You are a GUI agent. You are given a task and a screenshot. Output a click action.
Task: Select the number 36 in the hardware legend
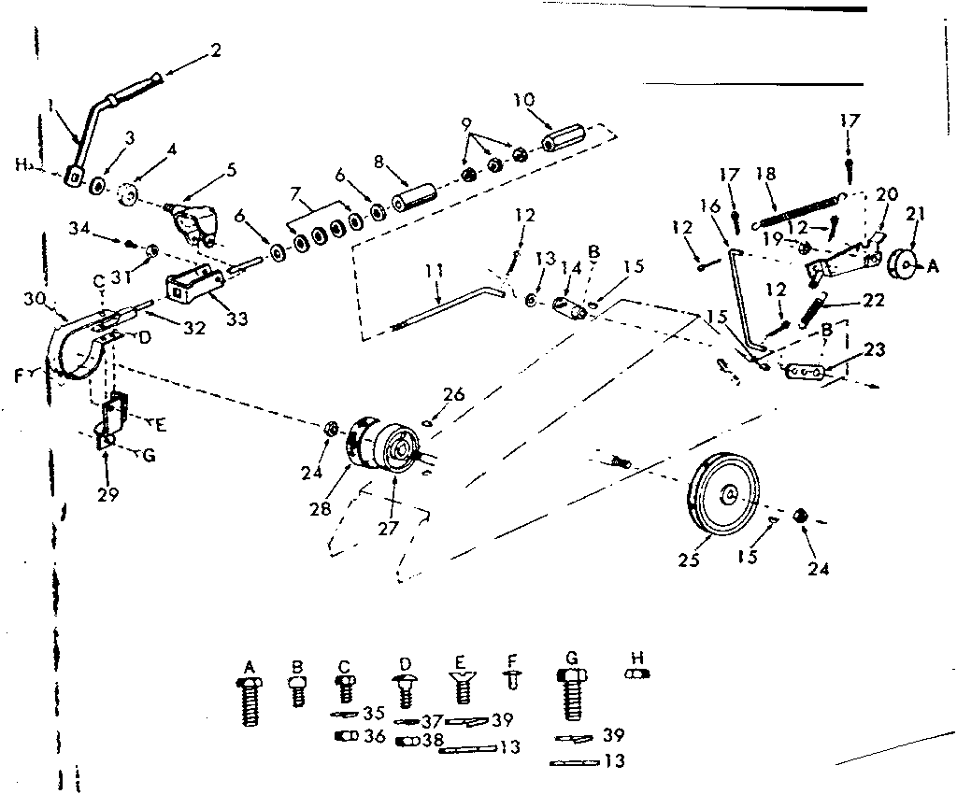point(374,736)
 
